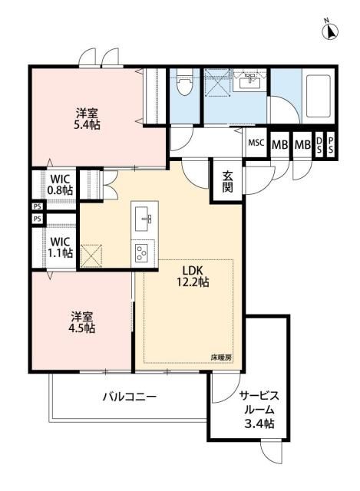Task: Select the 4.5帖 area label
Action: (x=84, y=328)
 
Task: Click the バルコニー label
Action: (x=130, y=397)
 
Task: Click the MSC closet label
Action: (x=256, y=143)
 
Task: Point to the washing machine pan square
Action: (x=218, y=82)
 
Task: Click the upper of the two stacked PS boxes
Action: (x=36, y=206)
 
